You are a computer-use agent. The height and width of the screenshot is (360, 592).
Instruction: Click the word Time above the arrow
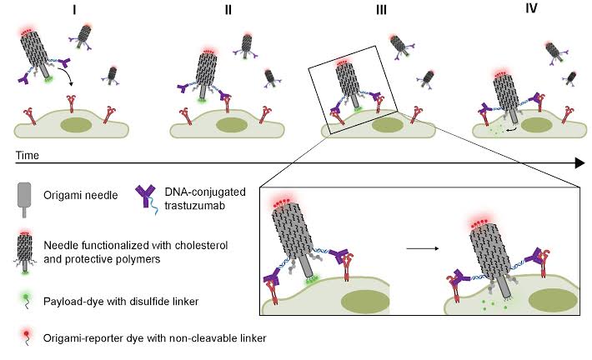pos(28,155)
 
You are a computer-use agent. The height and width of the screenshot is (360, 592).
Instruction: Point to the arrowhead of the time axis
pos(578,164)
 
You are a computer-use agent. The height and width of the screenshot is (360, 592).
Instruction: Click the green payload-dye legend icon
pos(27,296)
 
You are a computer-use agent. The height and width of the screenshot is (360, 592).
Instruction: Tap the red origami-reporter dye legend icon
pos(27,333)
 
